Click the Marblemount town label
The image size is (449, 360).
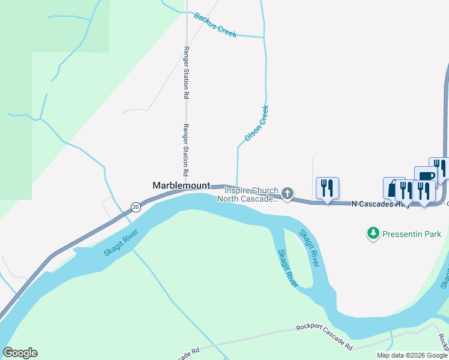pos(181,185)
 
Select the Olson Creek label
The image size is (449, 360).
pos(256,124)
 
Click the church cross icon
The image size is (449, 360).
pos(288,193)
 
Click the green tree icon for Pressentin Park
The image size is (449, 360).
pos(373,233)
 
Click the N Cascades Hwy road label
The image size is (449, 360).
pos(381,204)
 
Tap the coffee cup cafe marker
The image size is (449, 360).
pos(425,176)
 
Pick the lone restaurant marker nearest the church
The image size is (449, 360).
pos(327,188)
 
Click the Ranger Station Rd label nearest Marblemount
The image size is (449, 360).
pos(186,149)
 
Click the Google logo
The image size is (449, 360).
pos(20,353)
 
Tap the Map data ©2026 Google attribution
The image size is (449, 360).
pos(412,355)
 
